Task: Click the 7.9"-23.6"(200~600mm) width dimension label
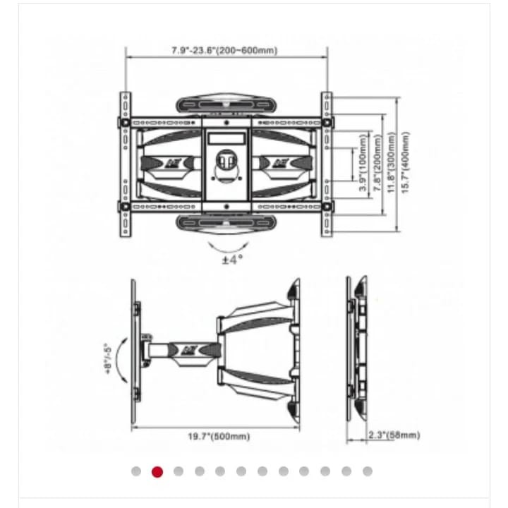[224, 51]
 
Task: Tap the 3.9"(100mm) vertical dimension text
[363, 162]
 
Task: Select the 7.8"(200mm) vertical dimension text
[377, 162]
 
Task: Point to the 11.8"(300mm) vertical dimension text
[392, 162]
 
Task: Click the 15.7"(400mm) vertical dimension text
[406, 162]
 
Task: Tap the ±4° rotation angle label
[232, 259]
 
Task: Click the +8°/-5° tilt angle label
[108, 359]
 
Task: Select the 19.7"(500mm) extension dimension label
[219, 437]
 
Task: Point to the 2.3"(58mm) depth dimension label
[394, 435]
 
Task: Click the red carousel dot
[157, 472]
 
